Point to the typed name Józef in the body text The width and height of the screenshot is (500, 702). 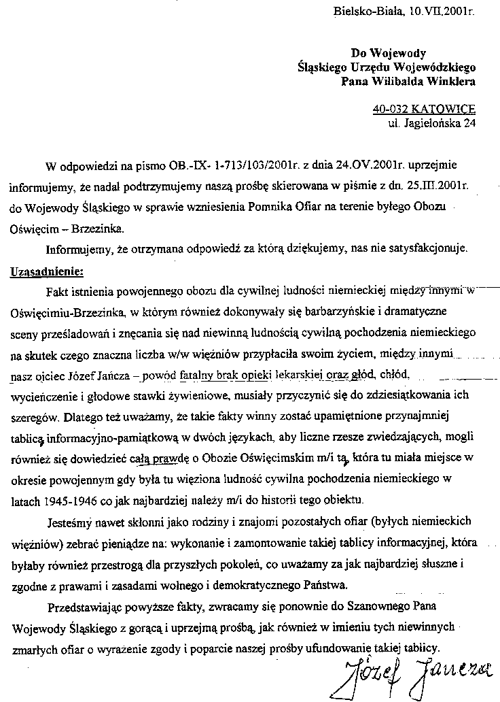click(82, 375)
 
